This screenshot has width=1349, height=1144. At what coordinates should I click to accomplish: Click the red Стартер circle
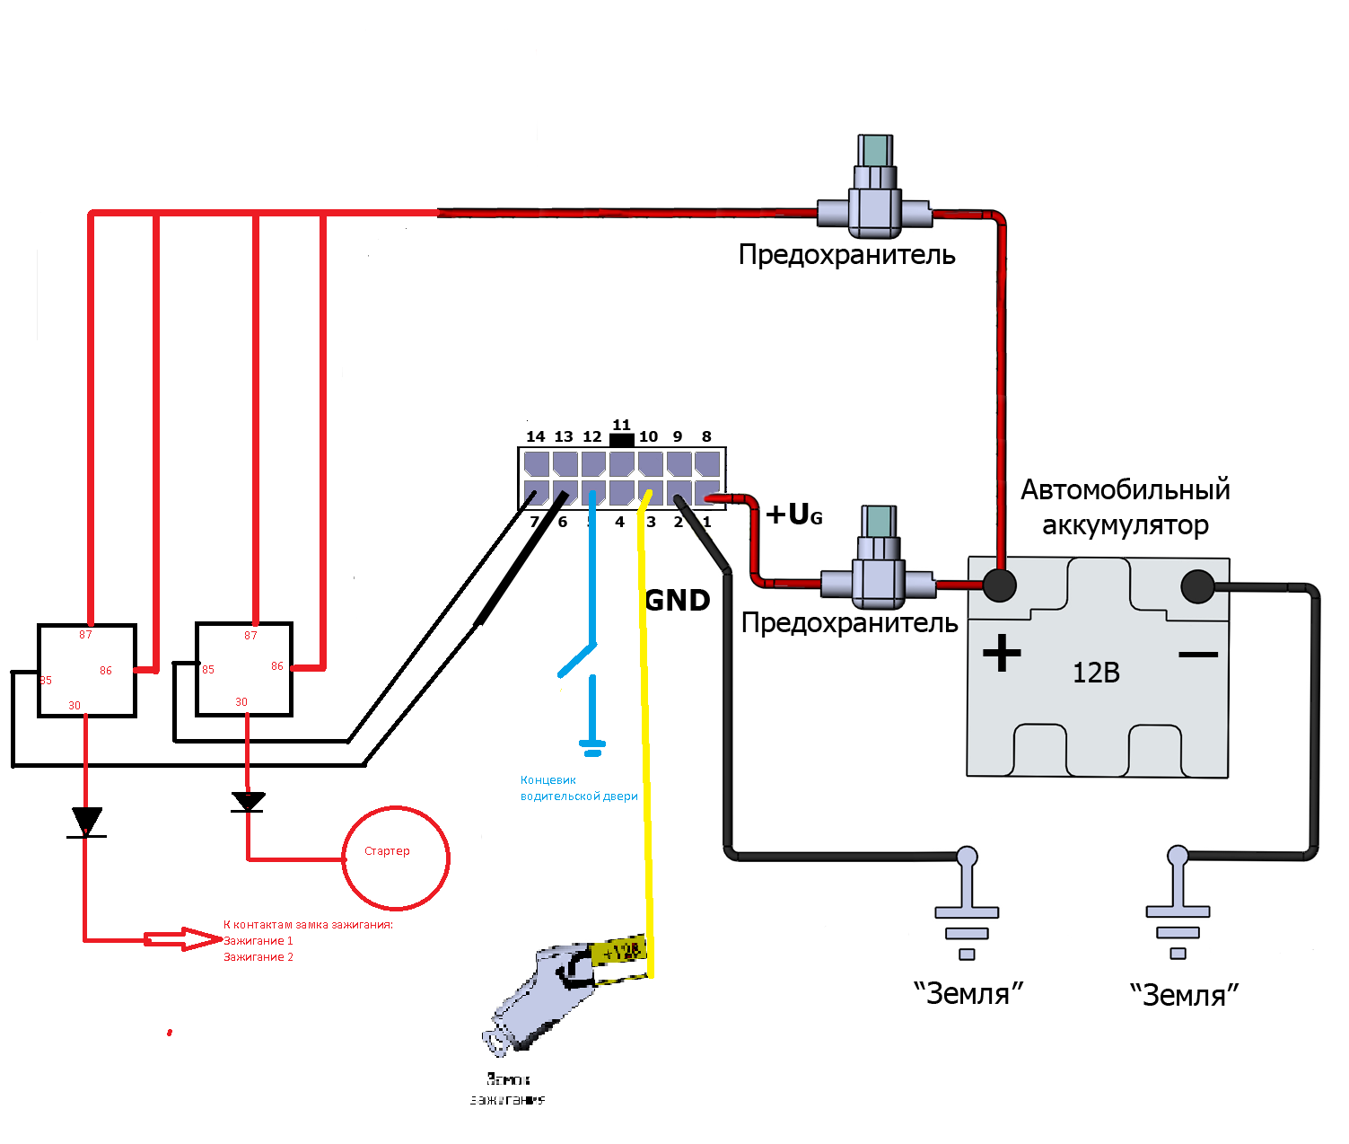396,858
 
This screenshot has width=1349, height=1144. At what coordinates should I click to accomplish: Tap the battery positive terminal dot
1000,585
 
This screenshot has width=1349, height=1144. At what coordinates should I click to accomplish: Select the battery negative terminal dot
1197,587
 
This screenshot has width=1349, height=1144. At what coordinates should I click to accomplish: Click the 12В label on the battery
1096,673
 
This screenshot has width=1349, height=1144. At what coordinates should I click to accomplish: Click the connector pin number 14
536,436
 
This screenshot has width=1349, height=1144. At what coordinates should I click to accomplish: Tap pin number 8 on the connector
706,436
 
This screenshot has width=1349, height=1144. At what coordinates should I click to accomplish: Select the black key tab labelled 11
621,439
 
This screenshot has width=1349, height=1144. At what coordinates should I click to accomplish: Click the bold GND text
678,600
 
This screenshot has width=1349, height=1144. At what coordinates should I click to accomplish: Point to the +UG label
794,515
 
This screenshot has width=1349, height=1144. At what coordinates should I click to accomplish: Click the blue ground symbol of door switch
592,745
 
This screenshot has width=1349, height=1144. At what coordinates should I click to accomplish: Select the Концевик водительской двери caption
579,788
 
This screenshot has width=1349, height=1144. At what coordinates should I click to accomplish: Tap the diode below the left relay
86,822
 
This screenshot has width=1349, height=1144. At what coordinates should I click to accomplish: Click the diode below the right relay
248,801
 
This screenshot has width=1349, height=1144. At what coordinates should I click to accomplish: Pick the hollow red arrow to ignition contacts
184,939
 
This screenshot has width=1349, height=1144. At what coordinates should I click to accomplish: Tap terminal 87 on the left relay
85,635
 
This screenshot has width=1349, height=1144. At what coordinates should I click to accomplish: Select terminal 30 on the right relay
241,702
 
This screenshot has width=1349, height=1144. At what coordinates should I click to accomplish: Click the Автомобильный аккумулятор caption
1126,507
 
